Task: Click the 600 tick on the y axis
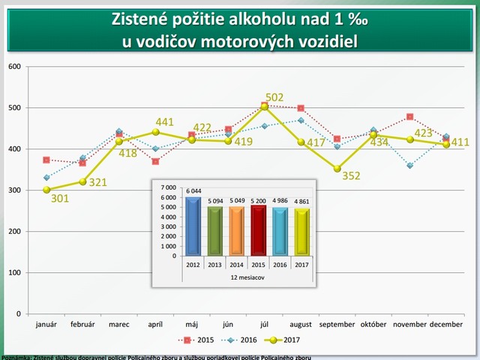tap(14, 67)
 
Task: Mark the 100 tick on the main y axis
tap(14, 272)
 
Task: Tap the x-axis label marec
tap(119, 325)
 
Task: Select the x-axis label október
tap(373, 325)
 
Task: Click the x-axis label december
tap(446, 325)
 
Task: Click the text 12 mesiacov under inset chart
tap(247, 277)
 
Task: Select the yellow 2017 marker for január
tap(46, 190)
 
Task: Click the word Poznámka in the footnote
tap(16, 357)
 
